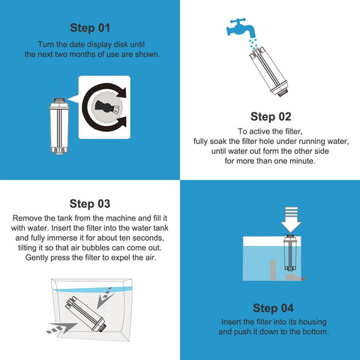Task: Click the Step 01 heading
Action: [90, 28]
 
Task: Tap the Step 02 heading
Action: [270, 116]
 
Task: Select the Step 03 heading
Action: [90, 203]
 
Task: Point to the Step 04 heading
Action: [270, 307]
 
